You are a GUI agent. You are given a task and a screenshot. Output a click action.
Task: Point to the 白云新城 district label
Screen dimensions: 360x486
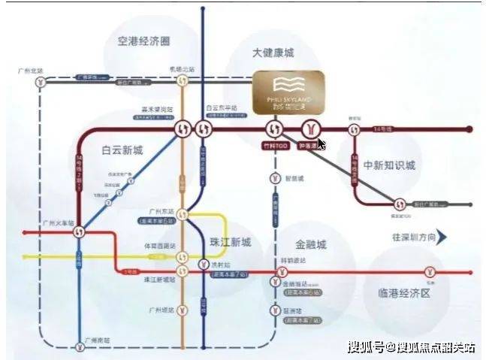[122, 150]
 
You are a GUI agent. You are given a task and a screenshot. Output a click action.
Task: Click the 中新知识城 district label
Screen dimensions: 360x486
[389, 165]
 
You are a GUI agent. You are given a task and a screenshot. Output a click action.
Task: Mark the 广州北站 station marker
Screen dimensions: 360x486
[40, 81]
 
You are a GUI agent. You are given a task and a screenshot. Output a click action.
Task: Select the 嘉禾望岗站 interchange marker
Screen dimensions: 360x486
[181, 129]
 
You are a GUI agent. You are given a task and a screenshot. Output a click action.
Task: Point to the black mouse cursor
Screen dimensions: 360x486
[321, 144]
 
